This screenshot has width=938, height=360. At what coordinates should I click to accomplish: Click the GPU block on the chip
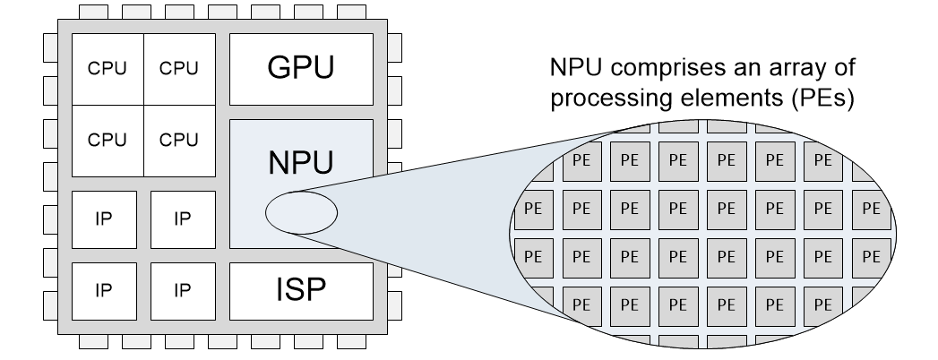[301, 69]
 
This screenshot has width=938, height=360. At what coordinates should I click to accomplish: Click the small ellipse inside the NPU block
[301, 212]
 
